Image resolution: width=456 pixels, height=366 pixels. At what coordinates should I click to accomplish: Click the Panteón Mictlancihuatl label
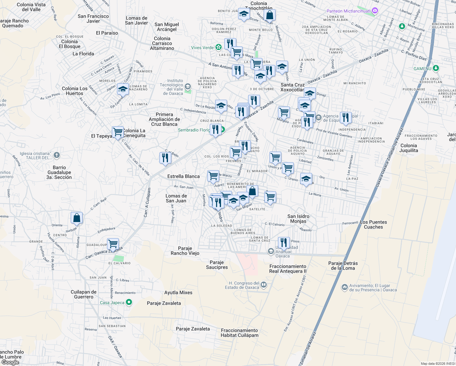tap(348, 11)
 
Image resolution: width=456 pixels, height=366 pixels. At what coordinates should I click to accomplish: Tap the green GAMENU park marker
tap(436, 68)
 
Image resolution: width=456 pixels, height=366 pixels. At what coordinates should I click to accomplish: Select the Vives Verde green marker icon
tap(218, 47)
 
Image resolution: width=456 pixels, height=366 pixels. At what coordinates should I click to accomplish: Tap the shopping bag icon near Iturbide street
tap(77, 218)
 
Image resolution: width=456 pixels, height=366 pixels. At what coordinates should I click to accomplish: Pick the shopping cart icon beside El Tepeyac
tap(118, 132)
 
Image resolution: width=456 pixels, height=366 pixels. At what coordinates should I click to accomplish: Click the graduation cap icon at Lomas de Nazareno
tap(123, 89)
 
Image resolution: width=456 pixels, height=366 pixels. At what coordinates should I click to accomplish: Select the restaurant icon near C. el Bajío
tap(165, 158)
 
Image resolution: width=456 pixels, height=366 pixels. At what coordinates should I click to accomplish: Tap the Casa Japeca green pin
tap(129, 302)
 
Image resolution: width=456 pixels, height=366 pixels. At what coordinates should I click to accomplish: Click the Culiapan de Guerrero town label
tap(84, 294)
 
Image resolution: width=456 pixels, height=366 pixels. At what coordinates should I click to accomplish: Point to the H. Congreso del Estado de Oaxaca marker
tap(264, 285)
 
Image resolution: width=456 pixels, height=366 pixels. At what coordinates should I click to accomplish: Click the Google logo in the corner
tap(10, 362)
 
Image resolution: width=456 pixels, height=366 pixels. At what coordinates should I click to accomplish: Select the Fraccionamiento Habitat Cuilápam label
tap(239, 333)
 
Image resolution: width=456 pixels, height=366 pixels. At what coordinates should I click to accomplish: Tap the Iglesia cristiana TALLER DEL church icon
tap(57, 155)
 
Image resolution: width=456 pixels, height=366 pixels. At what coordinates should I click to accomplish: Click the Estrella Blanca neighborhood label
tap(183, 176)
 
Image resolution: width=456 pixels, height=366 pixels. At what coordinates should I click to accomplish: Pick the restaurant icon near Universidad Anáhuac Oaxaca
tap(284, 243)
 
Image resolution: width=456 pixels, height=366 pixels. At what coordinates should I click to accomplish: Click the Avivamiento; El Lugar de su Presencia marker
tap(344, 287)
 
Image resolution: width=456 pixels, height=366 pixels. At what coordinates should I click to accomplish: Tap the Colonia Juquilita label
tap(408, 148)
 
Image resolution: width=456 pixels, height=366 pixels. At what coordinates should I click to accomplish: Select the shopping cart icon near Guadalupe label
tap(113, 244)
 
